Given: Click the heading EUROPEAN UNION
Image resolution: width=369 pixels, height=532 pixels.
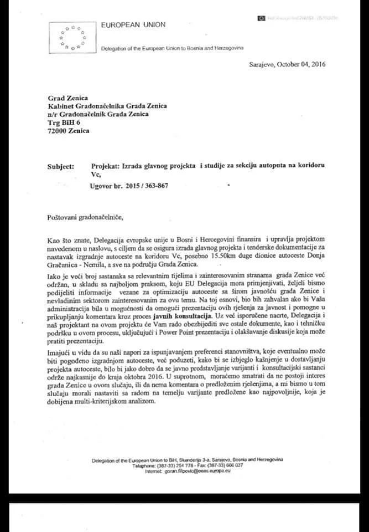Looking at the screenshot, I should [133, 25].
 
